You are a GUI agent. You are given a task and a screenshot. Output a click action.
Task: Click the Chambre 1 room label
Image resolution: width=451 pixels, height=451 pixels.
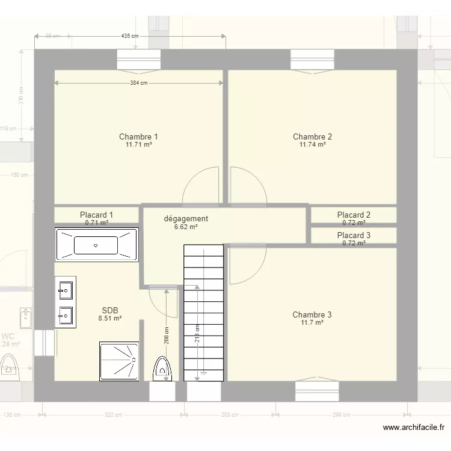coord(138,137)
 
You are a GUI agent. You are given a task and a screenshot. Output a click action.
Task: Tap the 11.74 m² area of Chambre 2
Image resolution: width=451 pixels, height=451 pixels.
coord(312,145)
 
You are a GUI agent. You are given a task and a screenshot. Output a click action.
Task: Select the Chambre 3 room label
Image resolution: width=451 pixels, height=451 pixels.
coord(311,314)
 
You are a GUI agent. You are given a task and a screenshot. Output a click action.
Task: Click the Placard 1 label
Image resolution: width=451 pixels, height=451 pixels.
coord(96,215)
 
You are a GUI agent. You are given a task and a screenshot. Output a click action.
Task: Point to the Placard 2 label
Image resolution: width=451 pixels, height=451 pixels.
coord(354,215)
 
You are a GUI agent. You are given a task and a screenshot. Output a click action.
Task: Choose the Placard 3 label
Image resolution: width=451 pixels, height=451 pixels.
coord(354,235)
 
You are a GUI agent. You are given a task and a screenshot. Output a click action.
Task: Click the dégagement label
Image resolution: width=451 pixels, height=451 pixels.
coord(186,219)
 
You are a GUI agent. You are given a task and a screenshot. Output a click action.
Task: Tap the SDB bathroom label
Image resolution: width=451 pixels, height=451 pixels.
coord(110,310)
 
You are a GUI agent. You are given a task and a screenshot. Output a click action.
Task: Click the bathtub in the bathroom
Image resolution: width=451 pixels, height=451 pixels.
coord(96,245)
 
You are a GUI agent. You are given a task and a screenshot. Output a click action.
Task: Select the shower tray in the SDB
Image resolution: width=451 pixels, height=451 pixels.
coord(118,361)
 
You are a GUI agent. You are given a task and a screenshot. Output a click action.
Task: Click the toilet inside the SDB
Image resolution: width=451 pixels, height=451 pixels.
coord(162,369)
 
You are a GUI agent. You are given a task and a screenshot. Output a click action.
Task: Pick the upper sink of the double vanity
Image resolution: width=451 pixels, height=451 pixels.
coord(65,291)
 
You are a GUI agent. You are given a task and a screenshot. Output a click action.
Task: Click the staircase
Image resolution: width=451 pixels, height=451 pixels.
coord(203,313)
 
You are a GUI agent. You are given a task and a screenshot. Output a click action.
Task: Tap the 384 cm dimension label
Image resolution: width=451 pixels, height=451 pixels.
coord(138,84)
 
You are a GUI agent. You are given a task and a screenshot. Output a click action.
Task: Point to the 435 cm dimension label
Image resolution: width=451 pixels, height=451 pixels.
coord(130,36)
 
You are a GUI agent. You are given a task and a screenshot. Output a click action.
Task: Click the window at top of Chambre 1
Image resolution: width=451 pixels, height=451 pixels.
coord(138,60)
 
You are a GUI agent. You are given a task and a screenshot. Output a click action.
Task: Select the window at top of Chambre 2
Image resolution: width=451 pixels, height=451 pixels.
coord(312,60)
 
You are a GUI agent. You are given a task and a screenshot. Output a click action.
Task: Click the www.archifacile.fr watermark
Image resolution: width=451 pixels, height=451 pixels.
coord(414,428)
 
